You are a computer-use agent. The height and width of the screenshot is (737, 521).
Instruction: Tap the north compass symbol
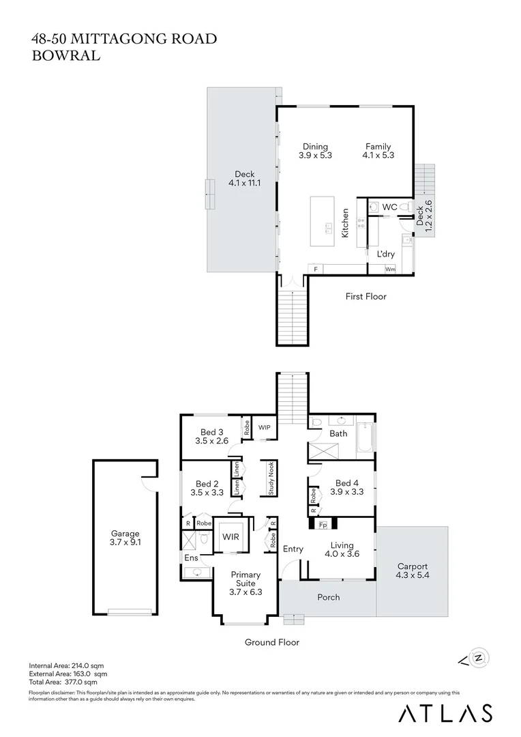pos(480,658)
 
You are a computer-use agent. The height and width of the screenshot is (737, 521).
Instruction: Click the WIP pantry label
pos(265,427)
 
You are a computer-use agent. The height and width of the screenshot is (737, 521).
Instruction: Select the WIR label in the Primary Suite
pos(230,537)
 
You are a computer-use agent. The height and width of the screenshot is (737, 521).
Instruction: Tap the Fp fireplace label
pos(324,525)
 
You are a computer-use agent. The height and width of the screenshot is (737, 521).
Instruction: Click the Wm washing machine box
pos(390,270)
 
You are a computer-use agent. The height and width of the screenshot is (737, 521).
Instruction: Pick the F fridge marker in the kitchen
pos(315,270)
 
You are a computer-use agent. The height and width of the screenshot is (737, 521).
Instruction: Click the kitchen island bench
pos(322,222)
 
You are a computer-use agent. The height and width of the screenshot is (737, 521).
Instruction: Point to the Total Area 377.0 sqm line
pos(63,682)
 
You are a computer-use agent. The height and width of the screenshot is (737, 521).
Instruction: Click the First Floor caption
pos(366,296)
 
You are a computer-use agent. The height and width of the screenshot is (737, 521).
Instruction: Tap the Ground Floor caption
pos(272,642)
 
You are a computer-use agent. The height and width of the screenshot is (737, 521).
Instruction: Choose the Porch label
pos(329,597)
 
